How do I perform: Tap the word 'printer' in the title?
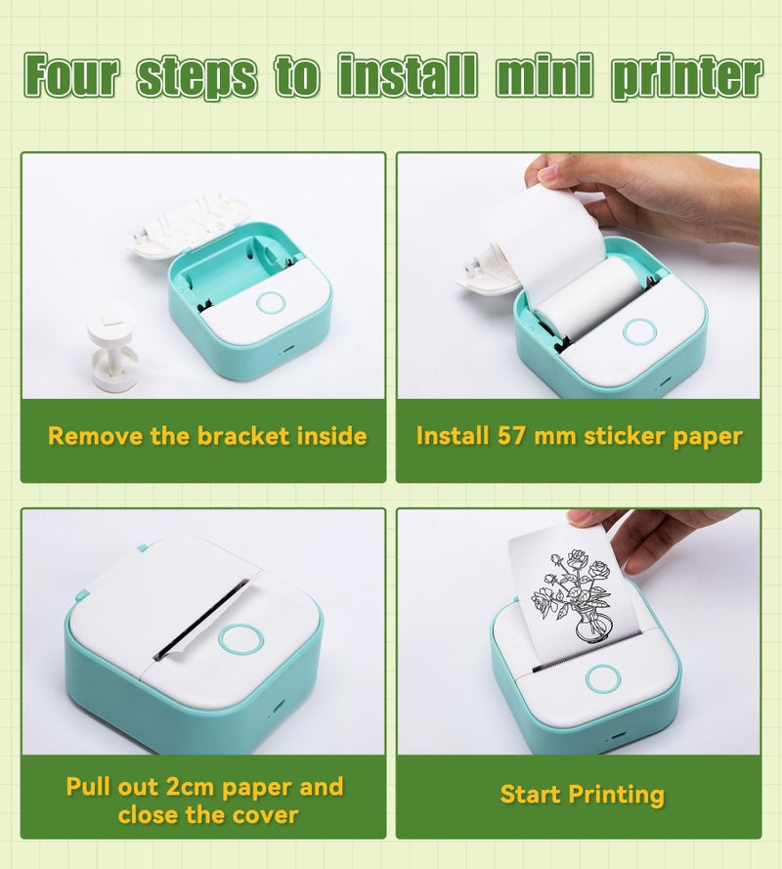684,77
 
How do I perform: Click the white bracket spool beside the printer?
112,347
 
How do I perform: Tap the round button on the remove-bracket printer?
270,302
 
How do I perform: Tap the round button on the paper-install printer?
638,330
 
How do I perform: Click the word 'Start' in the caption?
534,795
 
